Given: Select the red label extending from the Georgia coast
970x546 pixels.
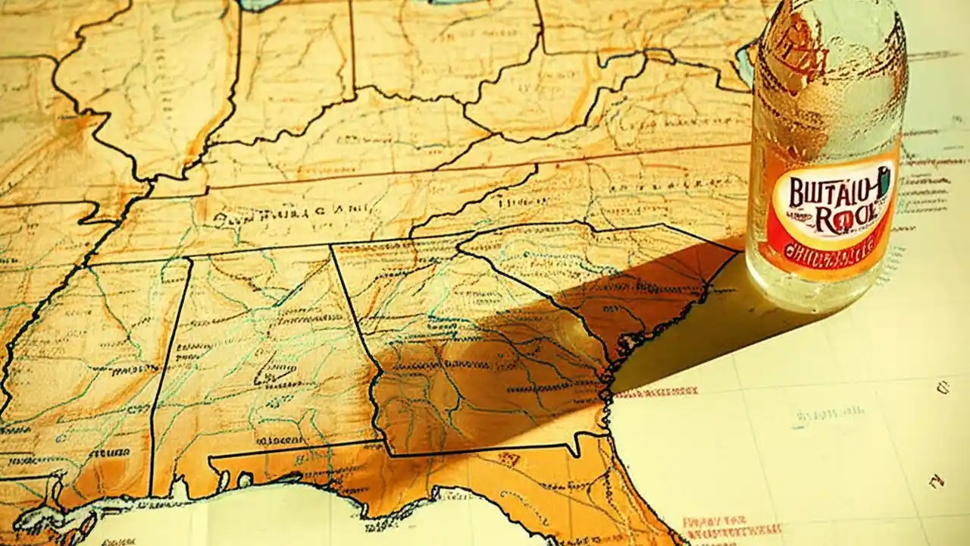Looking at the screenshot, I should pyautogui.click(x=656, y=393).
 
